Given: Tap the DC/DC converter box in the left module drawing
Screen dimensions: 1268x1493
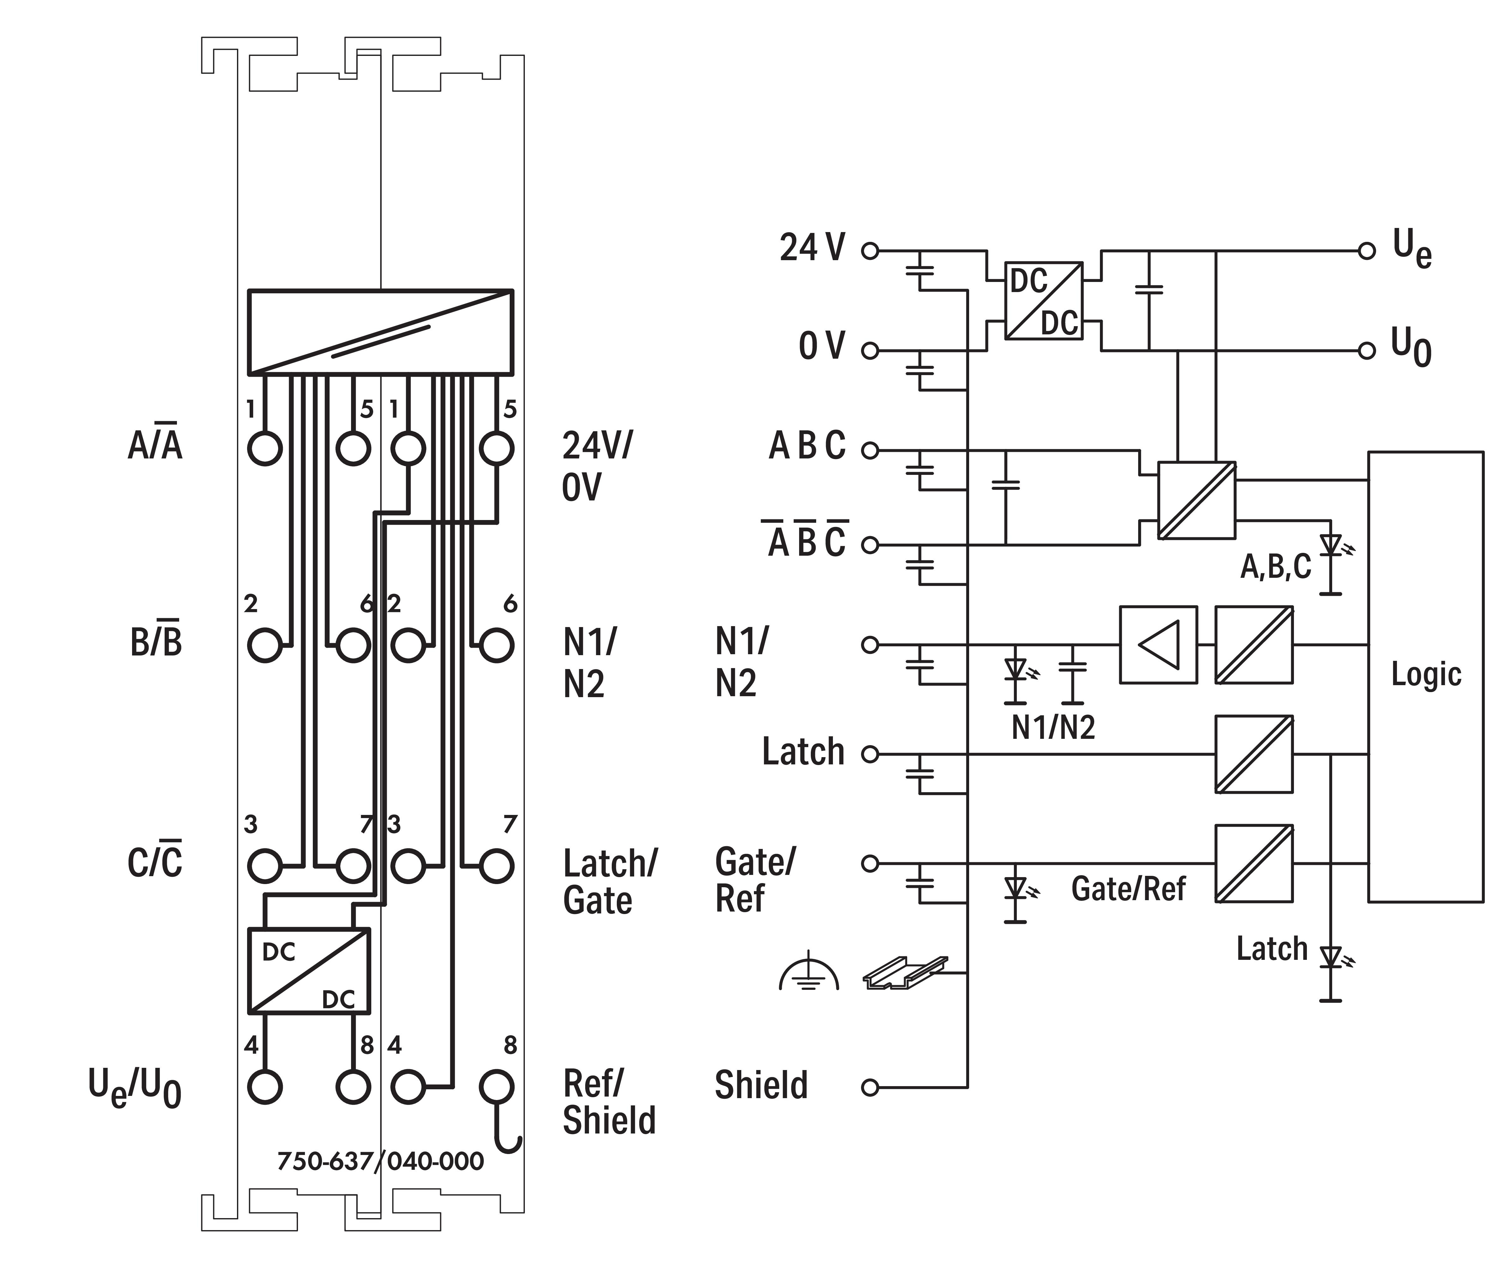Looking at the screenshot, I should point(308,970).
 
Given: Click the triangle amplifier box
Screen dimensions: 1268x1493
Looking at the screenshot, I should point(1158,645).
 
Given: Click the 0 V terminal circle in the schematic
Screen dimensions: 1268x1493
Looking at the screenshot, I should point(870,351).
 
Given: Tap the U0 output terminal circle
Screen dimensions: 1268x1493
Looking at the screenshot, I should point(1366,351).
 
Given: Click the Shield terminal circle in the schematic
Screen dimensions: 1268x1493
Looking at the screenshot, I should point(870,1088).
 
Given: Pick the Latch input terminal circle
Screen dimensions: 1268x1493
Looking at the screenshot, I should point(870,754).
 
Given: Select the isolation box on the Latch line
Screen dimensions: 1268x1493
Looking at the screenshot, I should point(1253,754).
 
